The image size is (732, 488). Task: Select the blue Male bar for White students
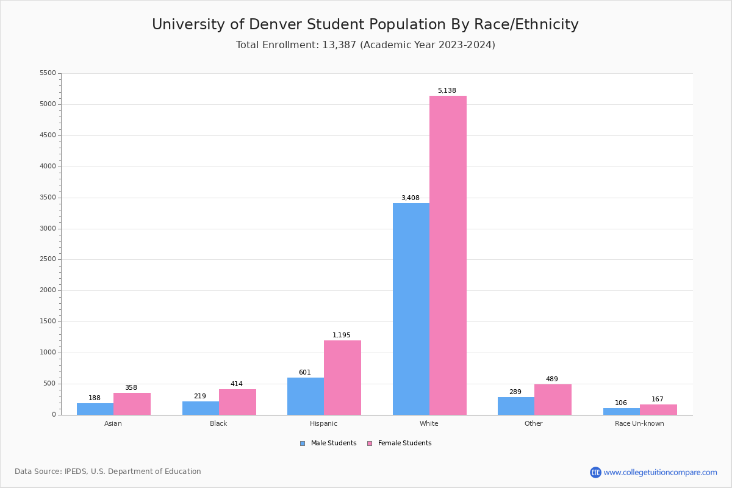pyautogui.click(x=411, y=309)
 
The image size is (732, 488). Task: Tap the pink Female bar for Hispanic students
pyautogui.click(x=342, y=378)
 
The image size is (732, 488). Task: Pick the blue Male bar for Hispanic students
pyautogui.click(x=306, y=396)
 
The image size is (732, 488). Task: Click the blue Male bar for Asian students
pyautogui.click(x=95, y=409)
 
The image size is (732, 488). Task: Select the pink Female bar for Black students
pyautogui.click(x=237, y=402)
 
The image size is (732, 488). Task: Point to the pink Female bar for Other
pyautogui.click(x=553, y=400)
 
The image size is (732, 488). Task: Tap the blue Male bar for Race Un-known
pyautogui.click(x=622, y=412)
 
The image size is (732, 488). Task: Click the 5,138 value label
pyautogui.click(x=447, y=91)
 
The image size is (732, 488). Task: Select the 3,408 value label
pyautogui.click(x=410, y=198)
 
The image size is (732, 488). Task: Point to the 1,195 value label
pyautogui.click(x=342, y=335)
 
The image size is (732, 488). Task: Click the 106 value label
pyautogui.click(x=621, y=403)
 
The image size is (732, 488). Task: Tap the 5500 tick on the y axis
pyautogui.click(x=48, y=73)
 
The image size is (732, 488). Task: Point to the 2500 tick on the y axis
pyautogui.click(x=48, y=259)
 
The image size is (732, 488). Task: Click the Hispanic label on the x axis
pyautogui.click(x=323, y=423)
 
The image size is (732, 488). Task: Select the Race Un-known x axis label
pyautogui.click(x=639, y=423)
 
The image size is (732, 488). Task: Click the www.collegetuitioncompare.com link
pyautogui.click(x=660, y=472)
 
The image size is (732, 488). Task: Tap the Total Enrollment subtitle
pyautogui.click(x=365, y=45)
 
